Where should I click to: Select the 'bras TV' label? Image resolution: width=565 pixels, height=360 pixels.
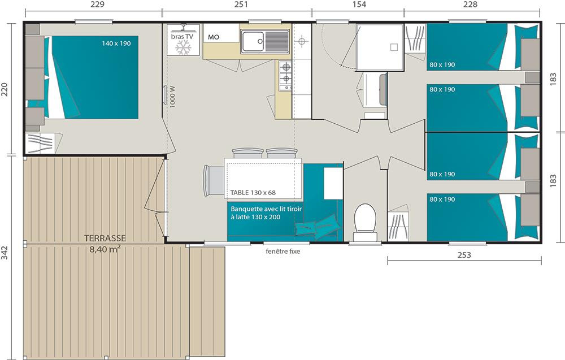(x=182, y=36)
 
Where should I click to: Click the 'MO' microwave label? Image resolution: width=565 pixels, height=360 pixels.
(x=214, y=37)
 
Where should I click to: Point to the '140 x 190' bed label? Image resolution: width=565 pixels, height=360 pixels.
(x=116, y=44)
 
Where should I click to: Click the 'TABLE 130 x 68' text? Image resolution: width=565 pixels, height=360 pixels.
(x=253, y=192)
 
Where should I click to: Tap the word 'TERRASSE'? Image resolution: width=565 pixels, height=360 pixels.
(x=105, y=238)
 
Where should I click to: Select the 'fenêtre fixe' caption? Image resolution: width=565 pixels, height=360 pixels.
(x=283, y=251)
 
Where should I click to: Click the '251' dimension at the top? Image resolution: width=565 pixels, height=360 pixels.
(x=241, y=5)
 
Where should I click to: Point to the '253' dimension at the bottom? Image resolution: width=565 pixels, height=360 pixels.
(x=464, y=255)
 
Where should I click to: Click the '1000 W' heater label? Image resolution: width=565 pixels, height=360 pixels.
(x=172, y=96)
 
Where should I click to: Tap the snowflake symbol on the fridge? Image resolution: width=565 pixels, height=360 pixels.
(x=183, y=47)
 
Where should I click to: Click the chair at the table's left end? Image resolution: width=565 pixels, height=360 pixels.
(x=214, y=180)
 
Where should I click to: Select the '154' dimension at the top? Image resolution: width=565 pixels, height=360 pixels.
(x=359, y=5)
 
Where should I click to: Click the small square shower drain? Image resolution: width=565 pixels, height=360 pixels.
(x=394, y=47)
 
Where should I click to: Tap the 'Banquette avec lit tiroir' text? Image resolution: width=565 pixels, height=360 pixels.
(x=266, y=209)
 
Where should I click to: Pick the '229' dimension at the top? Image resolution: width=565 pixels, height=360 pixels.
(x=97, y=5)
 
